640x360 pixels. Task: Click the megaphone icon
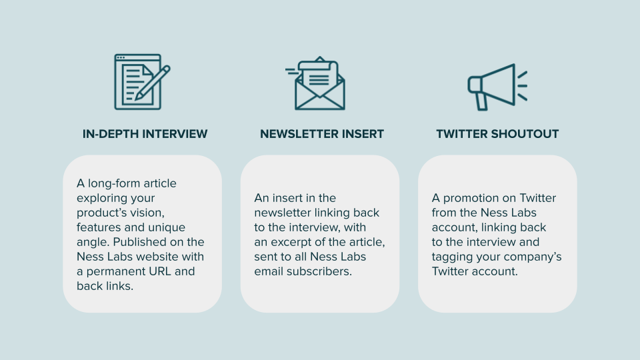click(497, 87)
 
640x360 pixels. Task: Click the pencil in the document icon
click(153, 83)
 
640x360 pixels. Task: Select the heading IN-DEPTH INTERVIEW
click(145, 134)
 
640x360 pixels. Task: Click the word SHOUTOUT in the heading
click(525, 134)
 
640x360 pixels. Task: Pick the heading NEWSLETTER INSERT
click(322, 134)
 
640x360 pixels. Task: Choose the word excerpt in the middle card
click(298, 243)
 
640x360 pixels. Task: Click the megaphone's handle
click(481, 101)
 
